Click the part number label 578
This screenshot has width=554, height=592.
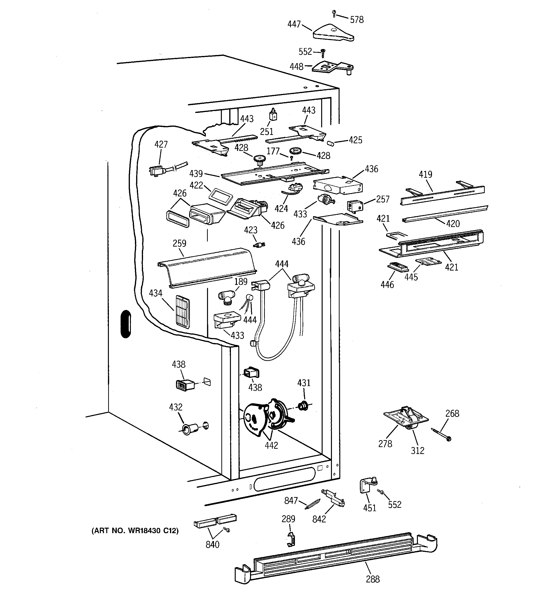pyautogui.click(x=357, y=20)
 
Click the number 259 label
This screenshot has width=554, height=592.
pyautogui.click(x=179, y=243)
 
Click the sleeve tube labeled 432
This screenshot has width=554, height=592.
pyautogui.click(x=189, y=429)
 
